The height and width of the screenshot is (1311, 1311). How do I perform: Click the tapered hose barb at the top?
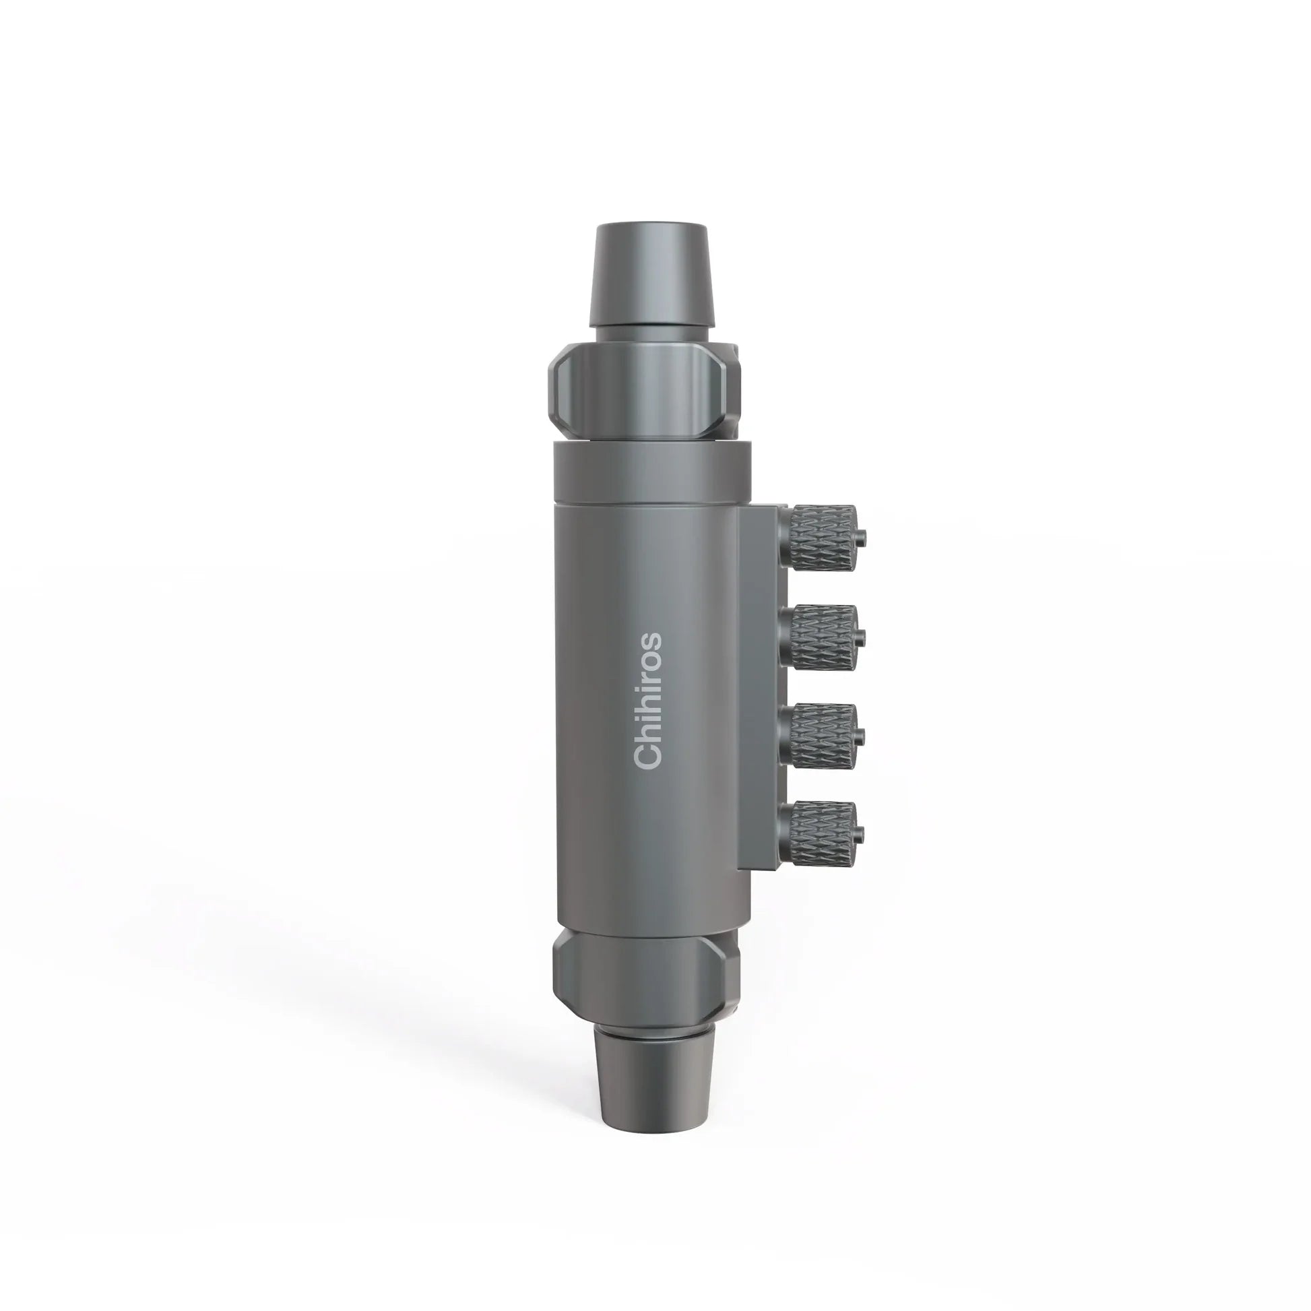[x=650, y=278]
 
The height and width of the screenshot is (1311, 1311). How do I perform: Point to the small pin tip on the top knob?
[x=862, y=540]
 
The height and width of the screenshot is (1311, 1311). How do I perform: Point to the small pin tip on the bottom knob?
[x=862, y=833]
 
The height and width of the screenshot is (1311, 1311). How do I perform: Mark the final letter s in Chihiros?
[x=647, y=641]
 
